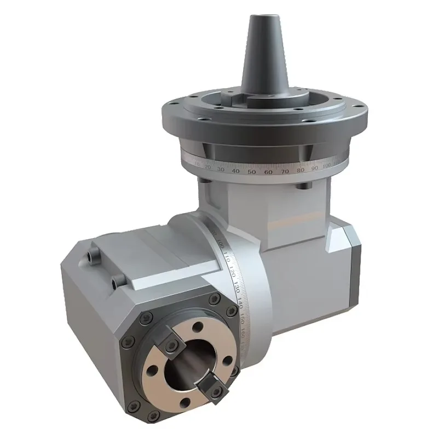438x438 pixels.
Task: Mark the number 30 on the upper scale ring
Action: pos(221,169)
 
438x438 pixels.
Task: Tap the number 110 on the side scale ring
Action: pos(225,258)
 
